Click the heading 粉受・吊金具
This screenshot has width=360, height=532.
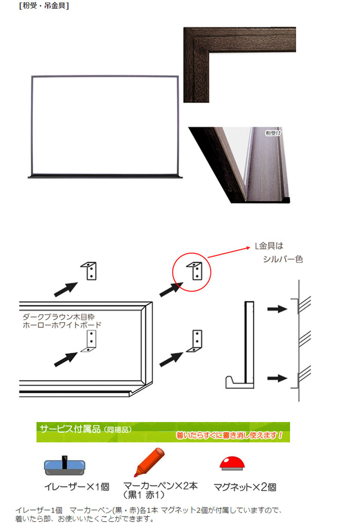[44, 6]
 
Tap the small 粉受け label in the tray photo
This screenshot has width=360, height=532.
[273, 133]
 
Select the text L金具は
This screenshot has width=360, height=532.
[269, 246]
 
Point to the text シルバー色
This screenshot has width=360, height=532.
[282, 259]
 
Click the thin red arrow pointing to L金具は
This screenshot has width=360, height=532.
[228, 253]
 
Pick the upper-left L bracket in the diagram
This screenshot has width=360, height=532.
[89, 271]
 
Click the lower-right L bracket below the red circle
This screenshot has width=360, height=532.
[195, 341]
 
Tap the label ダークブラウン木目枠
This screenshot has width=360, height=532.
[59, 317]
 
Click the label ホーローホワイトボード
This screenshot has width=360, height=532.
[62, 325]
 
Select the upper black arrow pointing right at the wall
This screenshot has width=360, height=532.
[277, 309]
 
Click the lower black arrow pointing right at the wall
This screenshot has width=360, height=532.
[277, 378]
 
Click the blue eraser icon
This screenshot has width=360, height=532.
[64, 466]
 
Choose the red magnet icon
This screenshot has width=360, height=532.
[232, 463]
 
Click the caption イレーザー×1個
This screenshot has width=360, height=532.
[77, 487]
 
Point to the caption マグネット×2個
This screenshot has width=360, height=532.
[244, 487]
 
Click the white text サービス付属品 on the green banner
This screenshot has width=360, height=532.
[70, 429]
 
